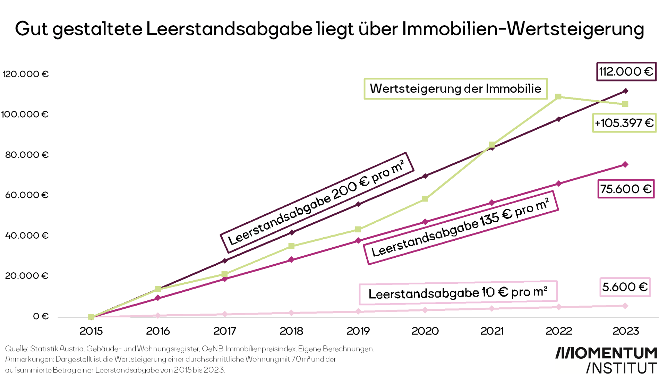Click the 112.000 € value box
(x=626, y=71)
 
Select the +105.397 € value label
(x=624, y=123)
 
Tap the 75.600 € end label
(x=626, y=189)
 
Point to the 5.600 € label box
(x=625, y=287)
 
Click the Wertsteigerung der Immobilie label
(x=455, y=89)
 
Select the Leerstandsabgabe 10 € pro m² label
(x=458, y=293)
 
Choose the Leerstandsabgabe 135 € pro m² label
(x=461, y=228)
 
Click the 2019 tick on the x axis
(x=358, y=331)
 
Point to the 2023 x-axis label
(x=625, y=331)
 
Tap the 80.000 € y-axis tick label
(x=26, y=155)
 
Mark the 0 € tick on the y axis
(x=41, y=316)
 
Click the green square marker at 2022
(x=558, y=97)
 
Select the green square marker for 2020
(x=425, y=199)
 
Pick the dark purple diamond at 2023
(x=625, y=91)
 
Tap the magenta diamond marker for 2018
(x=291, y=259)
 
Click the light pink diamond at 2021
(x=491, y=308)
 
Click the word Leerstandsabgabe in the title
(x=229, y=29)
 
